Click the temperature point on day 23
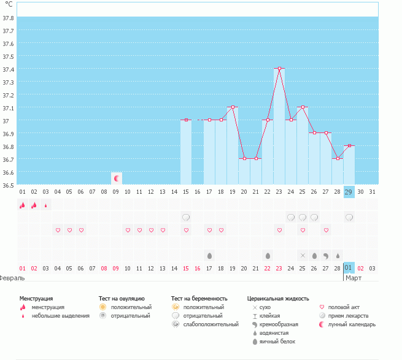279,69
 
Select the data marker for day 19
233,107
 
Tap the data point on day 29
349,146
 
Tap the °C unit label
9,4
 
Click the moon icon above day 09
116,178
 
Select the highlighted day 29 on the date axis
349,192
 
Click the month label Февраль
12,278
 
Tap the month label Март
354,278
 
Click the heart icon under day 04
58,230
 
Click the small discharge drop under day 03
46,205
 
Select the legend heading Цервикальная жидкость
277,298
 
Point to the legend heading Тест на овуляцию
122,298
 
